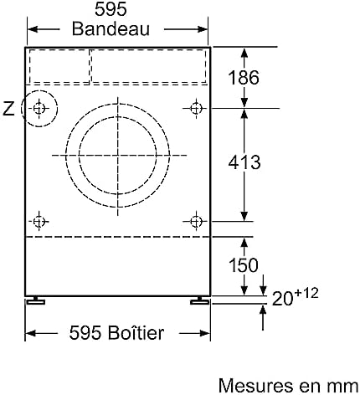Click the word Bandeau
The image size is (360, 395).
click(x=111, y=28)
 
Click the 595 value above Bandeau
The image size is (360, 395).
click(x=111, y=9)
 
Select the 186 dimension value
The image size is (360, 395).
click(x=244, y=77)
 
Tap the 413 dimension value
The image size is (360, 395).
click(x=244, y=162)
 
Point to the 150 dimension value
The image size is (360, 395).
click(x=244, y=265)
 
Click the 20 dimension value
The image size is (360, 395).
click(x=282, y=299)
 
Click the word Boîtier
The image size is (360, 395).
click(x=136, y=332)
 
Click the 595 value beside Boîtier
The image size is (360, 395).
click(x=85, y=332)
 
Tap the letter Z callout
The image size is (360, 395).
click(x=8, y=109)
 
